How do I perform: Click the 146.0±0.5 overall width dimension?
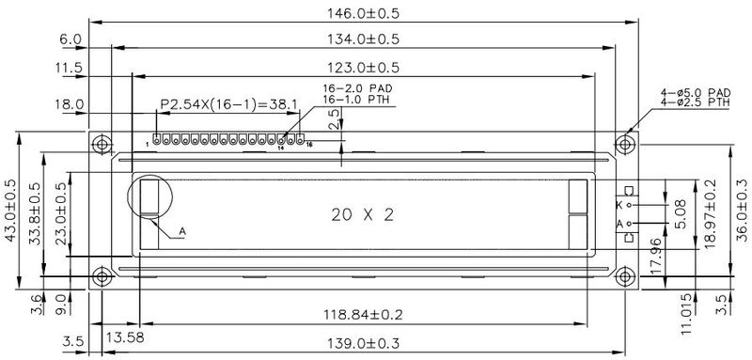tap(363, 13)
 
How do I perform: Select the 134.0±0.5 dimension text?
tap(363, 39)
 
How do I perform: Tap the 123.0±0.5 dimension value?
tap(363, 67)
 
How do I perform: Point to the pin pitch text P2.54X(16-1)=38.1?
tap(228, 104)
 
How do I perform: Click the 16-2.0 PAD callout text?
tap(357, 88)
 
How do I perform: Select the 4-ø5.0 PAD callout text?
tap(696, 92)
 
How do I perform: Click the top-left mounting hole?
tap(102, 144)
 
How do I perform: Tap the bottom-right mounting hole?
tap(624, 276)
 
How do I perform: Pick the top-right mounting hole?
tap(624, 144)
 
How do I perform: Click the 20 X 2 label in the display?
tap(363, 214)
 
